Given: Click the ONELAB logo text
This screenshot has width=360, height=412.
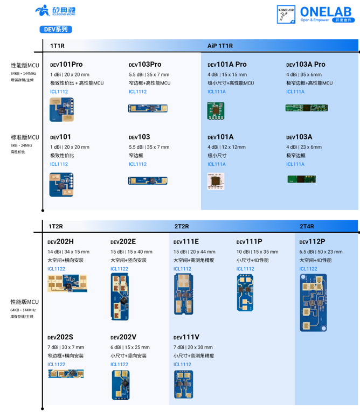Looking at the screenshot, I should [x=327, y=11].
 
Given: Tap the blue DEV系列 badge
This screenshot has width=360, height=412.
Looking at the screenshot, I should [x=56, y=30].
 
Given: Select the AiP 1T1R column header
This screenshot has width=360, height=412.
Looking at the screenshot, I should [x=220, y=46].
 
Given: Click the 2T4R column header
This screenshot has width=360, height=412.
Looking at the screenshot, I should [x=307, y=226].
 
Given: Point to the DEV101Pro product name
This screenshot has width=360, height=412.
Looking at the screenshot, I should [x=66, y=65].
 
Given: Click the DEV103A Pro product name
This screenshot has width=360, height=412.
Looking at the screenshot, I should [x=306, y=65].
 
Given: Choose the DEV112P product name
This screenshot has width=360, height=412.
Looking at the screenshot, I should [x=312, y=242].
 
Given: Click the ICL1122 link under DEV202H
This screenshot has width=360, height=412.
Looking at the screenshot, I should [x=56, y=269].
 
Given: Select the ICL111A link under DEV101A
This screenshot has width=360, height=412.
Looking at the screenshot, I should [x=217, y=164].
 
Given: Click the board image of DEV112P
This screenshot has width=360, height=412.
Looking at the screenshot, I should [x=313, y=302].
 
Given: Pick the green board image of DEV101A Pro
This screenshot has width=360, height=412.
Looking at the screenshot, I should [x=216, y=110].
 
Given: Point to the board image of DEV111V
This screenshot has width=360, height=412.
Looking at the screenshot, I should [x=183, y=384].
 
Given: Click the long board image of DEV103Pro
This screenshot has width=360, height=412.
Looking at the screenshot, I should [x=148, y=108].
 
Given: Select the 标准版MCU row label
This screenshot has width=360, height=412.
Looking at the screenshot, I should [x=25, y=137].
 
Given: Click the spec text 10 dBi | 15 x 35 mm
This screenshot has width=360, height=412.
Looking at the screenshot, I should [x=257, y=252].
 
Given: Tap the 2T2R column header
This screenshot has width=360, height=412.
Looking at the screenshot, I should [x=181, y=226].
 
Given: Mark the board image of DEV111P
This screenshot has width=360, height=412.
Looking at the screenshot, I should [x=246, y=292].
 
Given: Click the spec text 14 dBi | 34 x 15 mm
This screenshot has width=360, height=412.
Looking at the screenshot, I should [x=68, y=252].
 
